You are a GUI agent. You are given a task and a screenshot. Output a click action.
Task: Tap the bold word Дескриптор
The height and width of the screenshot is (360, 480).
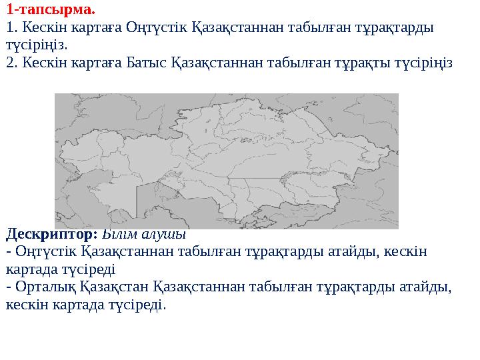51,235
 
